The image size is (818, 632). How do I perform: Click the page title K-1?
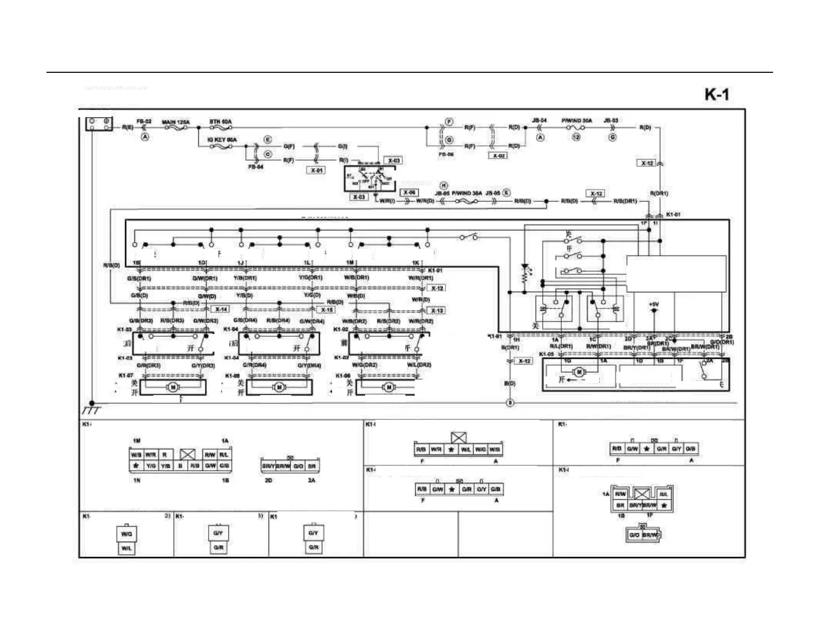point(717,94)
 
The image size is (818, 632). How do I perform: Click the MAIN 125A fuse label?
point(176,122)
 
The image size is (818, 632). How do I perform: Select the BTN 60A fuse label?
point(221,122)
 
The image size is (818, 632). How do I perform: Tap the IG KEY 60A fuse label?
point(222,140)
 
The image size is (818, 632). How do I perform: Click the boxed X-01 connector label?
point(317,170)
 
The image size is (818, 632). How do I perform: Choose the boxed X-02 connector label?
point(498,155)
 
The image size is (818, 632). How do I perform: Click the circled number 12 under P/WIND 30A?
point(576,137)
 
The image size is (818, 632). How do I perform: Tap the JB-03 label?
point(611,121)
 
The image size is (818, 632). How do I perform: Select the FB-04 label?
point(256,167)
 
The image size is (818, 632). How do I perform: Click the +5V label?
point(654,305)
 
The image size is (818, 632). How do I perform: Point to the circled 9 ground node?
point(510,403)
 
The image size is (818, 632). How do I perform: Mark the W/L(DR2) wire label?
point(419,365)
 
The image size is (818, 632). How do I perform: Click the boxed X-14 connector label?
point(221,309)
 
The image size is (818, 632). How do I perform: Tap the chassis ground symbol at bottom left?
point(91,408)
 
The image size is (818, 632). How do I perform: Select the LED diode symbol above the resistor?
point(525,267)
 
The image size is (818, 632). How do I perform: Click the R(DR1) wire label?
point(659,193)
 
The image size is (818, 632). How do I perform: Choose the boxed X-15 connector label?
point(326,310)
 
